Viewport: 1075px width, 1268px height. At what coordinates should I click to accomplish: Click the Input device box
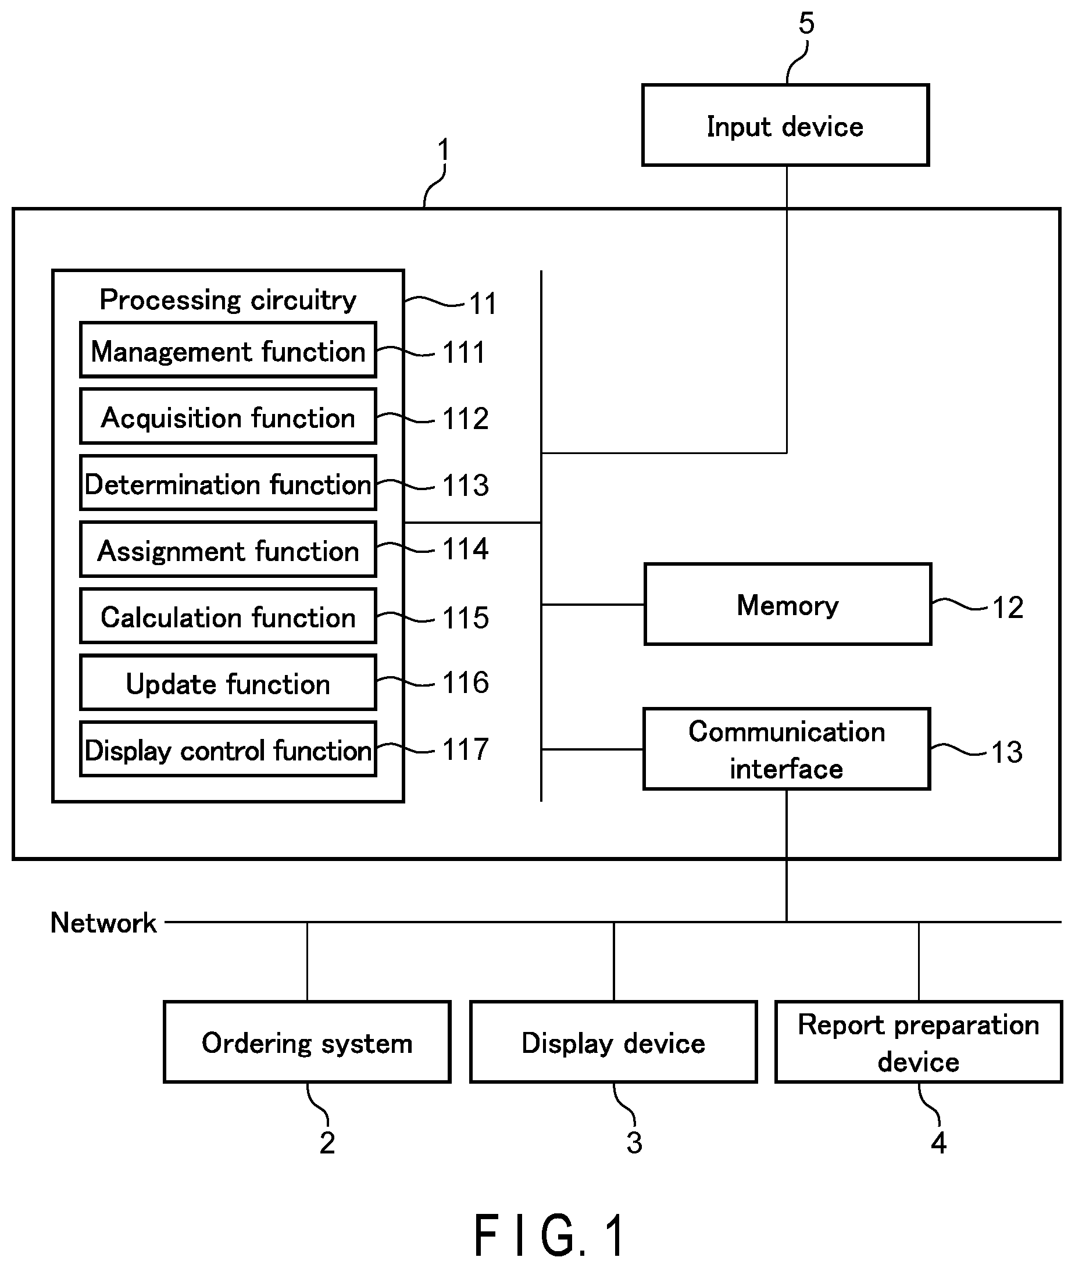coord(785,125)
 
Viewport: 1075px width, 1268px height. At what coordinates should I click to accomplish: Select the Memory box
coord(788,605)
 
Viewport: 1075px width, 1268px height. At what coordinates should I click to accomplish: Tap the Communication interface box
coord(787,749)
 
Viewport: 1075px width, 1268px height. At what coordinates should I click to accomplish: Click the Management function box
coord(228,351)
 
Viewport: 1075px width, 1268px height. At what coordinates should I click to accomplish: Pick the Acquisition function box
coord(228,417)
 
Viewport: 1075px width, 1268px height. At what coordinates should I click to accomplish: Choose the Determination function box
coord(228,483)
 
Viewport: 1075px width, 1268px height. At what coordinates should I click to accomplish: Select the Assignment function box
coord(228,549)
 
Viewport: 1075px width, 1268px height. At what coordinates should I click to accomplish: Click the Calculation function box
coord(228,616)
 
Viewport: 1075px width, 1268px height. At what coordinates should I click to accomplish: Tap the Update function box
coord(228,683)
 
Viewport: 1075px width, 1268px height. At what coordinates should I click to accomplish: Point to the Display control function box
coord(228,749)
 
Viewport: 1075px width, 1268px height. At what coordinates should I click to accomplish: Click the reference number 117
coord(466,749)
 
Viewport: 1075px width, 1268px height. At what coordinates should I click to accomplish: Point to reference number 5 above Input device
coord(806,24)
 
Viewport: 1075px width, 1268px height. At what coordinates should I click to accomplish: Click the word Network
coord(103,923)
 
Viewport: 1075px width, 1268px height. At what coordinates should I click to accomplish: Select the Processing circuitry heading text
coord(228,300)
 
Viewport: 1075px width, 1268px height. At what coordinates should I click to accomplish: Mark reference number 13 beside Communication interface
coord(1008,752)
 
